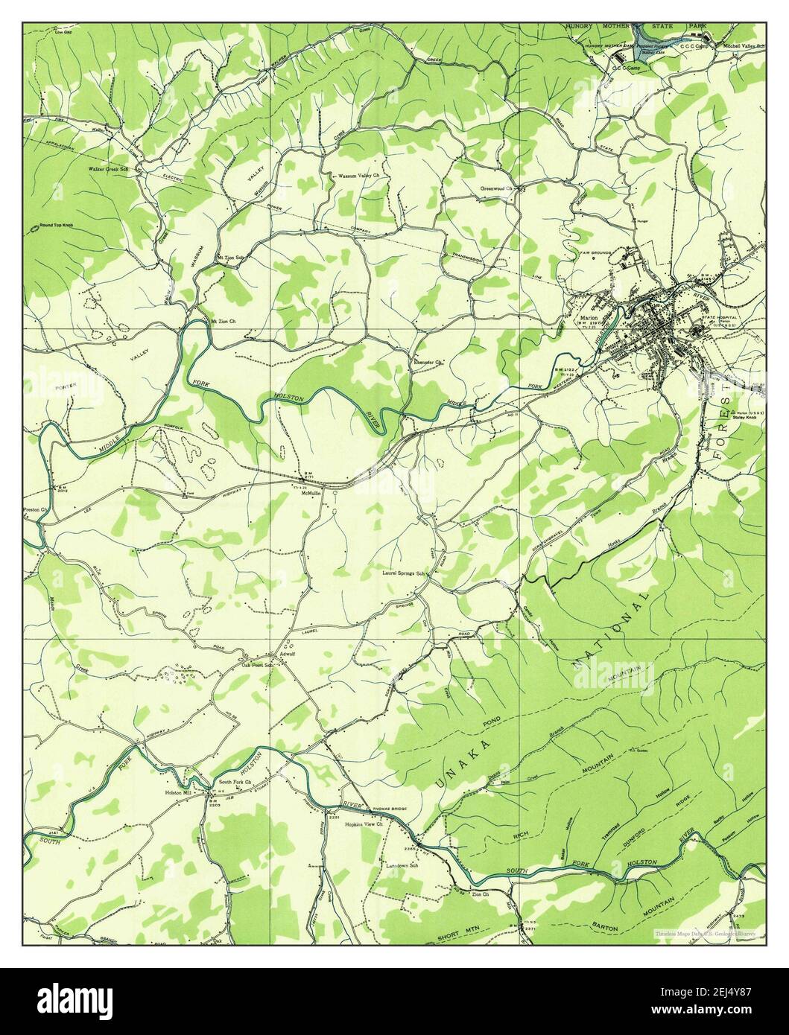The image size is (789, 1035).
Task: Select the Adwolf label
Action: point(288,655)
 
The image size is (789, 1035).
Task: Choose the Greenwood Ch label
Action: point(498,188)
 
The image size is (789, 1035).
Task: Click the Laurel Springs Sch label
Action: point(405,573)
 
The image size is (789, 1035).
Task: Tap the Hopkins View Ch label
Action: point(363,825)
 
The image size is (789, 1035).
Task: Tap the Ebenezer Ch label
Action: point(428,363)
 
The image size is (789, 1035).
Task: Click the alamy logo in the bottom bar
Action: point(394,995)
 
